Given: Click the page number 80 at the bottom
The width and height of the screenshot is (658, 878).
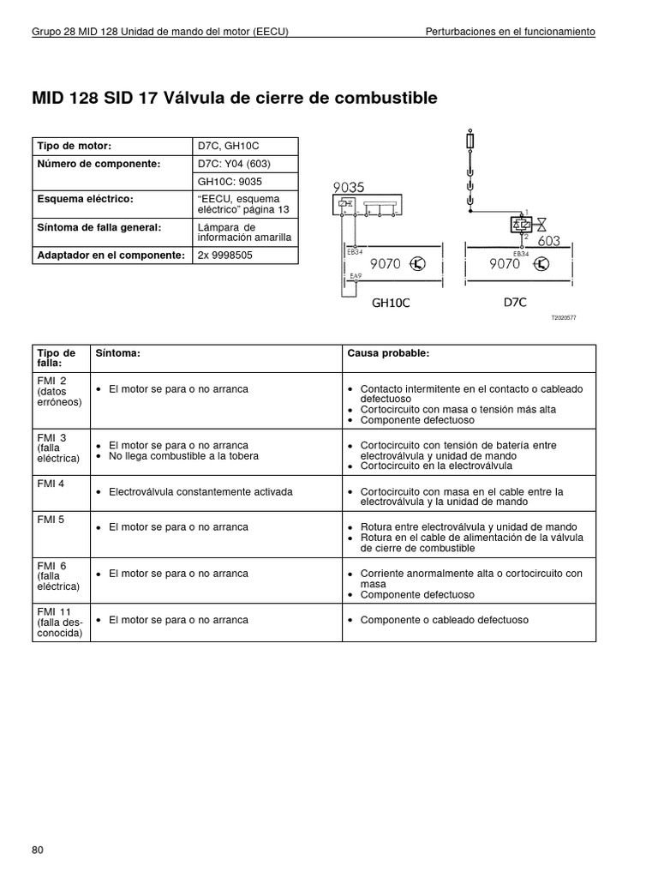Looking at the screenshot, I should tap(37, 850).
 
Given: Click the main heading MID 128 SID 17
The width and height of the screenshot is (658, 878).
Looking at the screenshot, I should tap(234, 99).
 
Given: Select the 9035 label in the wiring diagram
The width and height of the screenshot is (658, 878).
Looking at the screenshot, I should tap(349, 188).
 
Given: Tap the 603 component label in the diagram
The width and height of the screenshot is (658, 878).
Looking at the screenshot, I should tap(548, 241).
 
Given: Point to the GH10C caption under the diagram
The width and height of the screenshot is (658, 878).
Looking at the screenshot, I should tap(391, 303).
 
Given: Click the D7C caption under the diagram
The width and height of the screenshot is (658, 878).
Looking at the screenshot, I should tap(515, 302).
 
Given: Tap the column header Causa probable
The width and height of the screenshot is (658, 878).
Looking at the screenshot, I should tap(383, 353).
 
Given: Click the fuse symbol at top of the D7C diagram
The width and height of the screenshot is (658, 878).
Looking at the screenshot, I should tap(470, 141).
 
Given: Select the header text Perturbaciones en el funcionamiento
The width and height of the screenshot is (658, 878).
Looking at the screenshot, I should tap(511, 32).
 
